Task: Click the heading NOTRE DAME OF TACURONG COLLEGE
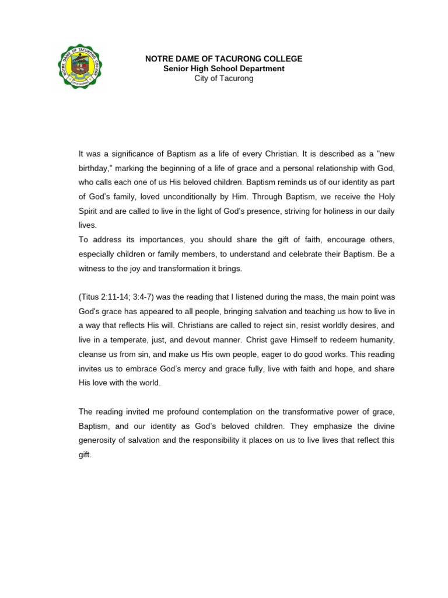[223, 59]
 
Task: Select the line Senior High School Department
[223, 69]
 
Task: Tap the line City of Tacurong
[223, 79]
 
